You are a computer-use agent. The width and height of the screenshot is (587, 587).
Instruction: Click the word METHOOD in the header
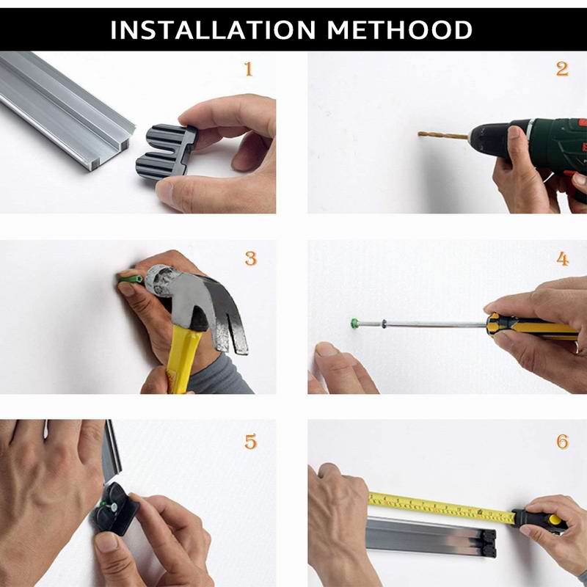click(x=400, y=30)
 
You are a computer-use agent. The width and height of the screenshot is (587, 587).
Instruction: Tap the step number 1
click(x=248, y=70)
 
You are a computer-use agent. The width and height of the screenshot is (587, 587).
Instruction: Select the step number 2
click(x=562, y=70)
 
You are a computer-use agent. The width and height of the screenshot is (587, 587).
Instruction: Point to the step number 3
click(x=250, y=259)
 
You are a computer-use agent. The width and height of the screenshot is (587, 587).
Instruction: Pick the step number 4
click(x=562, y=259)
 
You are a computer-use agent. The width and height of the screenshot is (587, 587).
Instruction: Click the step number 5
click(x=250, y=442)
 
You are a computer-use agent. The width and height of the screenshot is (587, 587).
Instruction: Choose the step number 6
click(x=562, y=442)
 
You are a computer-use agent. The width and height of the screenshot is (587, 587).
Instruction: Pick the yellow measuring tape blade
click(x=440, y=507)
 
